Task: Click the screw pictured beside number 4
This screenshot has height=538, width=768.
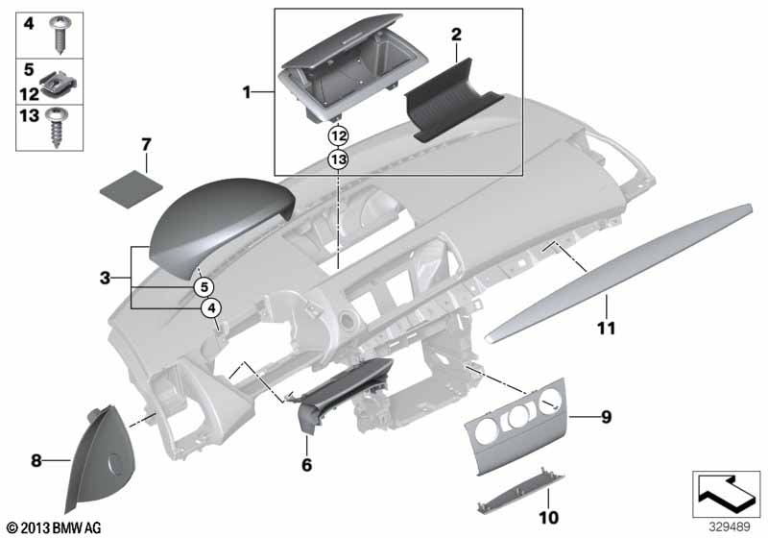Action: pos(60,34)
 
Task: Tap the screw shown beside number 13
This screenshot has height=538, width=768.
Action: pos(58,127)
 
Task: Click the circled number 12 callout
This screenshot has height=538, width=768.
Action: pos(339,135)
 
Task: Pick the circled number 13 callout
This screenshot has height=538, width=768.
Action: pos(339,159)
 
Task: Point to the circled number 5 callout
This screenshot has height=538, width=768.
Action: pos(204,286)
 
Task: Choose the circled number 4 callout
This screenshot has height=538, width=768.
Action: pos(211,308)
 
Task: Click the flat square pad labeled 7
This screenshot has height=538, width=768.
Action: pos(131,188)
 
